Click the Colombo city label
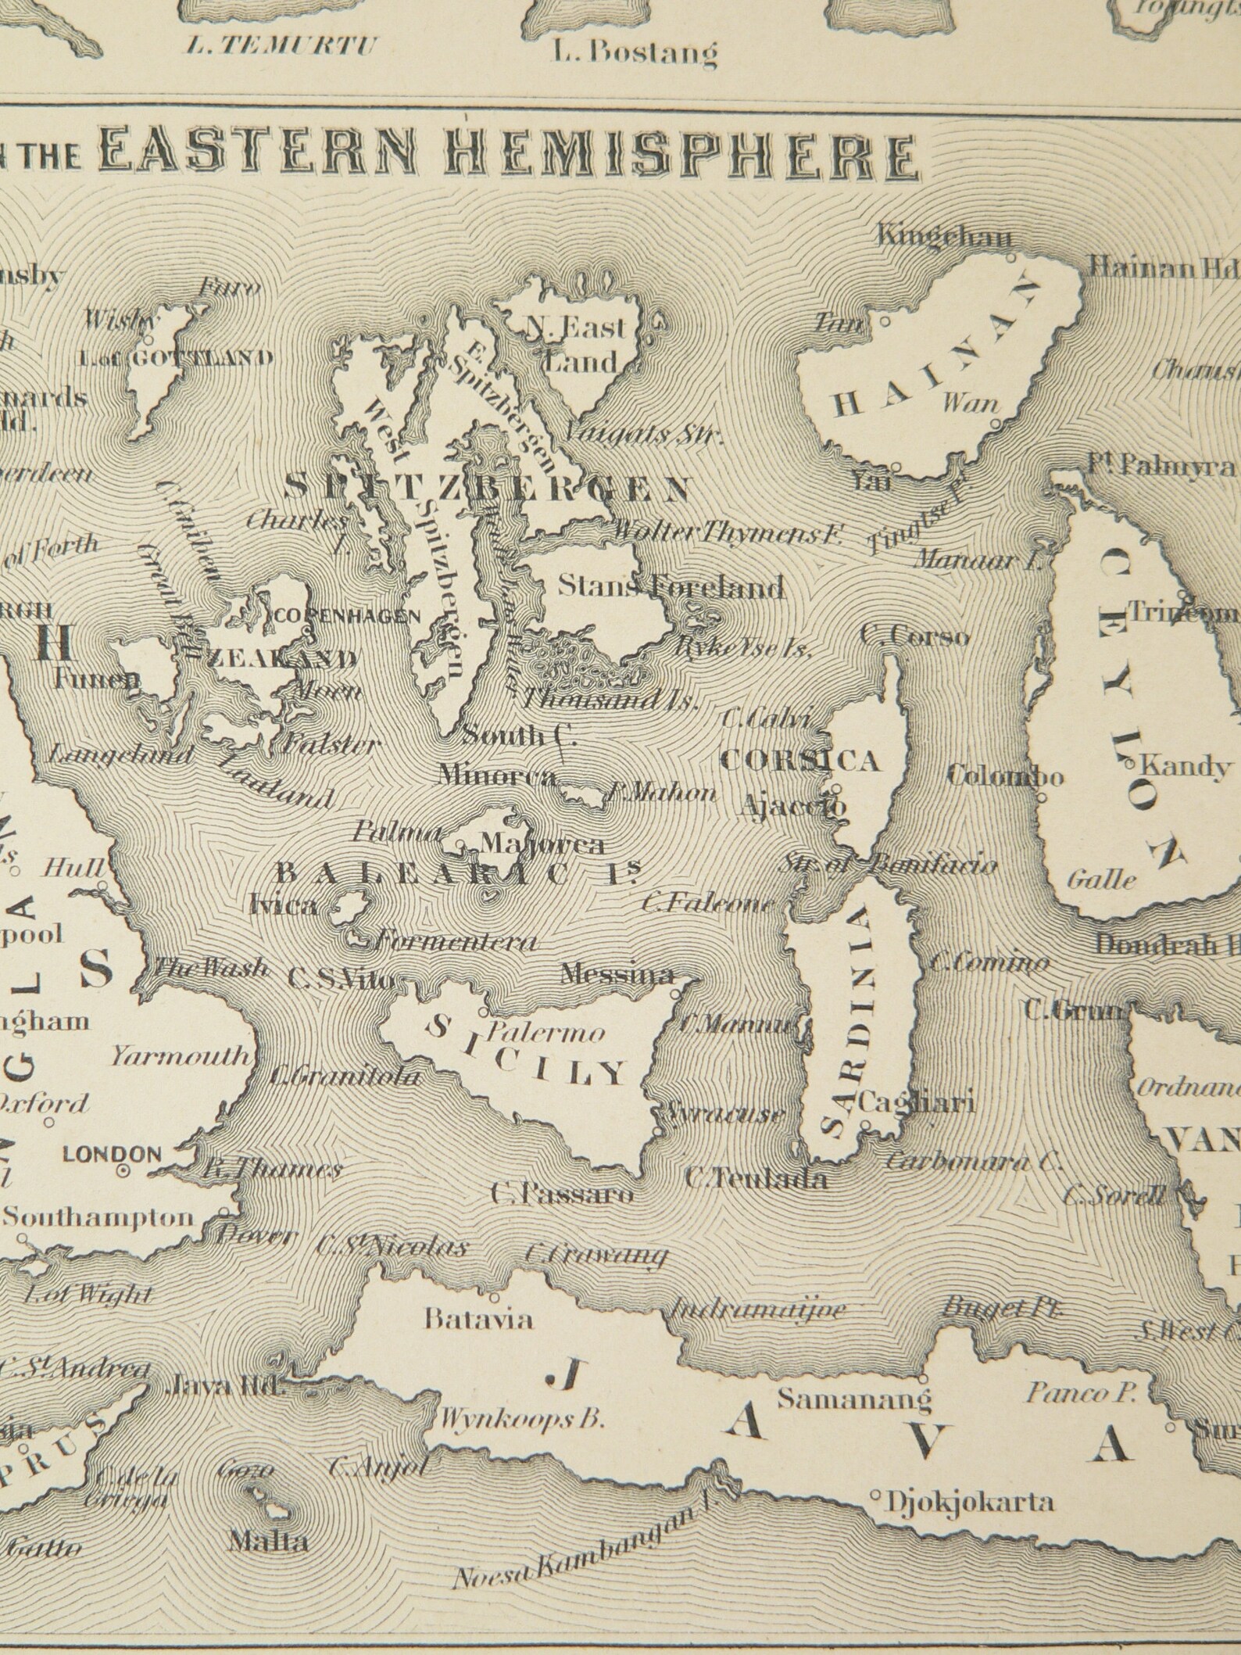pyautogui.click(x=1005, y=776)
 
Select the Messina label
pyautogui.click(x=617, y=976)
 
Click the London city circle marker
pyautogui.click(x=123, y=1171)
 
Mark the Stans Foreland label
pyautogui.click(x=670, y=586)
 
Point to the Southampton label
pyautogui.click(x=98, y=1217)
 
